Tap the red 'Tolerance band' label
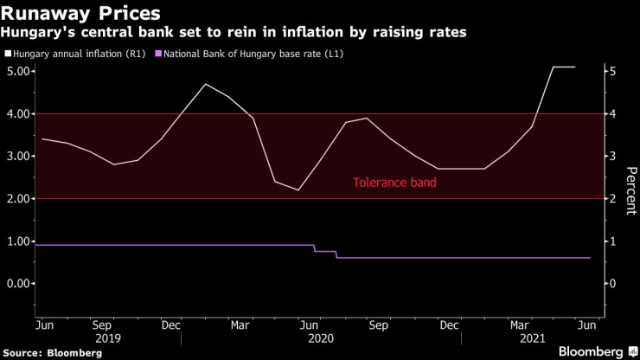pyautogui.click(x=394, y=183)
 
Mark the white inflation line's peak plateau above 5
pyautogui.click(x=563, y=67)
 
